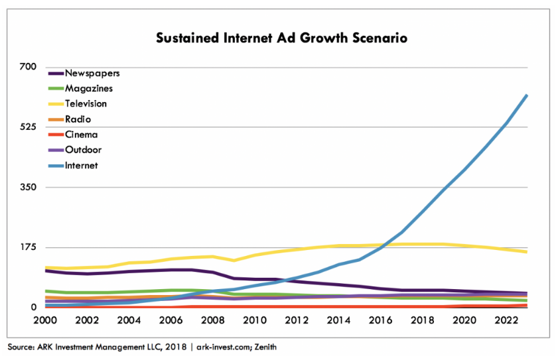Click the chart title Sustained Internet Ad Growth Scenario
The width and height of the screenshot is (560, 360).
coord(281,38)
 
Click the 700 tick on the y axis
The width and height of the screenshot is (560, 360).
coord(29,67)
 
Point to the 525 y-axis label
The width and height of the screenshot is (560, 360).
coord(29,127)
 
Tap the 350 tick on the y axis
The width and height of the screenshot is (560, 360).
coord(29,188)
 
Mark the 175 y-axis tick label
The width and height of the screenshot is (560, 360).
coord(29,247)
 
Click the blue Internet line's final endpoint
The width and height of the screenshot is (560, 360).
coord(527,95)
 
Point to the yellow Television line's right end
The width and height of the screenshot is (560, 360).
coord(527,252)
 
